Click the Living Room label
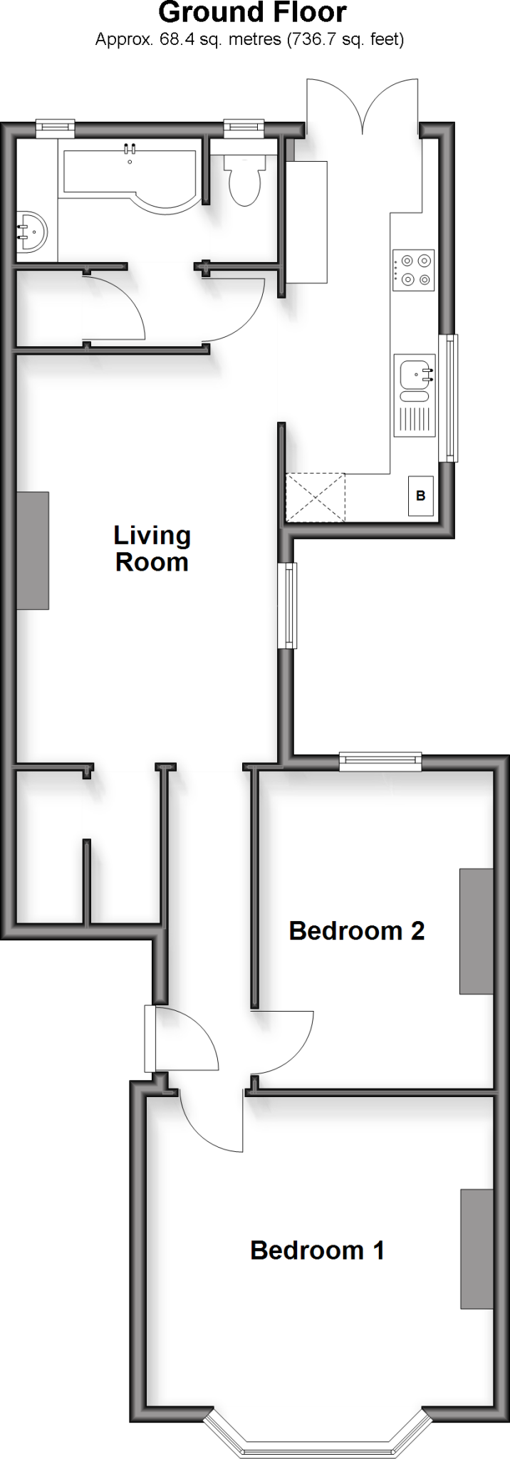tap(152, 549)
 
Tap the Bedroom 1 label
tap(317, 1250)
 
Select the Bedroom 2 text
tap(356, 930)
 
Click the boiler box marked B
tap(420, 496)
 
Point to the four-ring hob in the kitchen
tap(414, 270)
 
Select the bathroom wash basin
tap(31, 232)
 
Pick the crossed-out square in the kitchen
tap(315, 498)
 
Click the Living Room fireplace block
tap(33, 550)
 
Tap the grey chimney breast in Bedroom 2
tap(477, 930)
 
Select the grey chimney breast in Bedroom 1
tap(477, 1249)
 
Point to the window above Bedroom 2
tap(380, 762)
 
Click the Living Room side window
tap(287, 606)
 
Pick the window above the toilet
tap(243, 128)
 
